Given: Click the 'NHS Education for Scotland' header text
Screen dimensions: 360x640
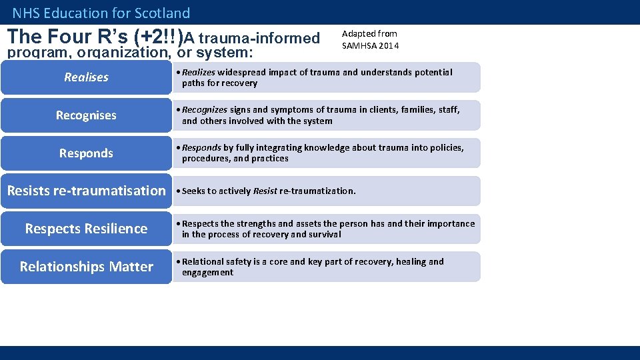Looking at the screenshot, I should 101,13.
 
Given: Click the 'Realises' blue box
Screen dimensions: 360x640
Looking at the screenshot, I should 86,77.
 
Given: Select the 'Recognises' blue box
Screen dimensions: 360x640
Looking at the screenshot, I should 86,115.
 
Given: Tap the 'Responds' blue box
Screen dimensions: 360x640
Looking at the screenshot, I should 86,153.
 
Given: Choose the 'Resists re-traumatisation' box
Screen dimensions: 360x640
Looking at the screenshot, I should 86,191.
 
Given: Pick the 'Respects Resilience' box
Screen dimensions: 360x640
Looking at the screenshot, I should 86,229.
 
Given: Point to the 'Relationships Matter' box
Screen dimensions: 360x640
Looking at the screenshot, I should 86,267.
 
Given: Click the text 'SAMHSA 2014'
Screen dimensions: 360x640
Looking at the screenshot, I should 370,45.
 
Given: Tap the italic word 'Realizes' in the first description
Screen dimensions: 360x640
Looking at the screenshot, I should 199,72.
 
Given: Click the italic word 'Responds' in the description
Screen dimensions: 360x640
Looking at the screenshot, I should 201,147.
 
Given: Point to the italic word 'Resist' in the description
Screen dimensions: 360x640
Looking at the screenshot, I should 265,191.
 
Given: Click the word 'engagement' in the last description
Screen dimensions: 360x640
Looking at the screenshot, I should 207,273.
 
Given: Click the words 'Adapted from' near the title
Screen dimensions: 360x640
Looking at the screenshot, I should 369,33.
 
